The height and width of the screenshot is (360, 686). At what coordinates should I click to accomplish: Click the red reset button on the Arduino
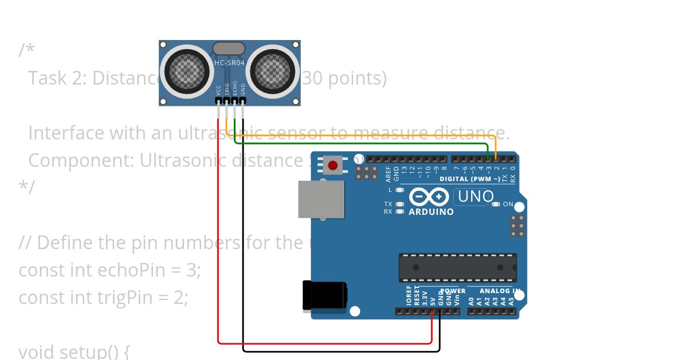click(x=332, y=166)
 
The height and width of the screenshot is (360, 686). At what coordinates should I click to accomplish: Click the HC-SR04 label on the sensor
click(x=229, y=63)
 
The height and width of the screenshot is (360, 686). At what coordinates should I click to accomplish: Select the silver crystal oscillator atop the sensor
click(x=229, y=49)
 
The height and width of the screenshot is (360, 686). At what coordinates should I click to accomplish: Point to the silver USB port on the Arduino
click(x=321, y=199)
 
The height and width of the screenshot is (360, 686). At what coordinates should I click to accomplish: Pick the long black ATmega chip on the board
click(x=457, y=267)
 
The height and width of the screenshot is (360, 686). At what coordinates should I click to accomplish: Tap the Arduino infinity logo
click(x=429, y=197)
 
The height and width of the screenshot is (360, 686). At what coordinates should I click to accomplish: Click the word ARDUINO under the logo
click(x=431, y=212)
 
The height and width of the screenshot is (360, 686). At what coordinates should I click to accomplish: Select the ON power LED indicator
click(x=496, y=204)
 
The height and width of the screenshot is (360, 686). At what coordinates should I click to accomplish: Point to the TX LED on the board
click(x=400, y=204)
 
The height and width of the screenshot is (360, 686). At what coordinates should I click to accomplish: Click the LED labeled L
click(x=400, y=190)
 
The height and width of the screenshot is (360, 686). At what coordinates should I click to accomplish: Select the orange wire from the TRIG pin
click(x=366, y=136)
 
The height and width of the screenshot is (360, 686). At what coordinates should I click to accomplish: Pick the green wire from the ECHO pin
click(x=366, y=144)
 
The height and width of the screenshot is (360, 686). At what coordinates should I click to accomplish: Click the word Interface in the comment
click(x=66, y=133)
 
